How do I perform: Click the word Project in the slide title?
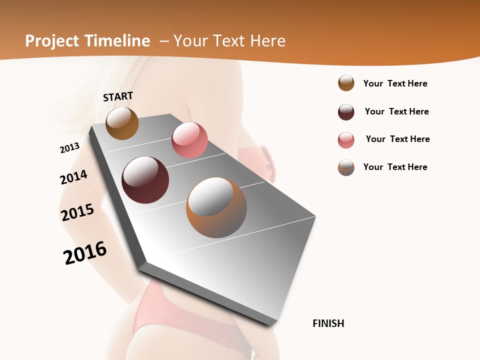coord(51,41)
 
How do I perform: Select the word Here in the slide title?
coord(267,41)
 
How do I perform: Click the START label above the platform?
coord(118,96)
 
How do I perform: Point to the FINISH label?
coord(328,323)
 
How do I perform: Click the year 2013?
coord(69,148)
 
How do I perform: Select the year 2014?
coord(73,177)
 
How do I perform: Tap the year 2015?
coord(77,212)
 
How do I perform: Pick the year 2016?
coord(85,253)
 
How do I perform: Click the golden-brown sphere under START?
coord(122,123)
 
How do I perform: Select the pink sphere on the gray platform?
coord(189,140)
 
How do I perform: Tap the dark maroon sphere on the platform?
coord(145,180)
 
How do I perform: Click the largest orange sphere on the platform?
coord(216,207)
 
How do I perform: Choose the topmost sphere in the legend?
coord(346,83)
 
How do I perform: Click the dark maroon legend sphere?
coord(346,112)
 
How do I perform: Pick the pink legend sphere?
coord(346,140)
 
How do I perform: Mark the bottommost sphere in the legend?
coord(346,167)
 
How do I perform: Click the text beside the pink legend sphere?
coord(397,139)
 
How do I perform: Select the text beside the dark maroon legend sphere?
coord(396,111)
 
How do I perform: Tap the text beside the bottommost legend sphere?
coord(395,167)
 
